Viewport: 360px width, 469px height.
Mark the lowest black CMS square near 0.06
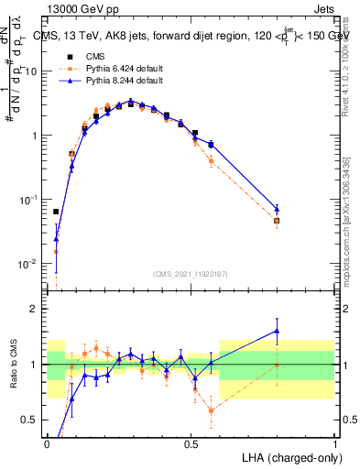56,212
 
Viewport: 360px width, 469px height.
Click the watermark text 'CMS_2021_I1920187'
191,274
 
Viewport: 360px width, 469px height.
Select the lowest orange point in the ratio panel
212,410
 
